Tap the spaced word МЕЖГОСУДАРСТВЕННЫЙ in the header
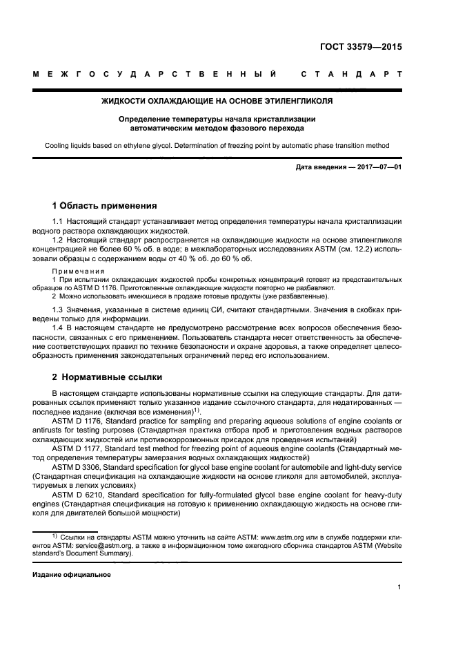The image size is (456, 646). tap(155, 75)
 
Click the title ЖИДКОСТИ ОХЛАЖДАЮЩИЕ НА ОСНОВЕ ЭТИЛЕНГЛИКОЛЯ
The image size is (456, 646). tap(217, 101)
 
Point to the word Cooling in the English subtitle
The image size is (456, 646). tap(58, 146)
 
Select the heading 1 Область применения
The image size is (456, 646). tap(105, 206)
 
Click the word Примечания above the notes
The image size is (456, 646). tap(78, 271)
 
